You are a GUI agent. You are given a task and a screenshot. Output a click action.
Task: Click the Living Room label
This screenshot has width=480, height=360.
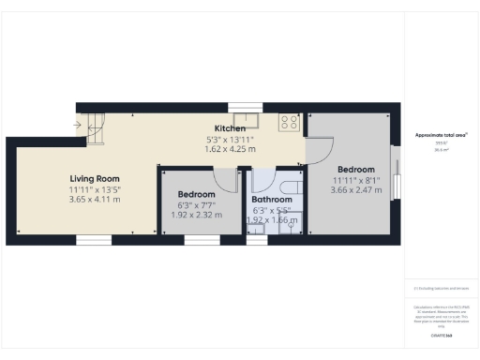[x=96, y=178]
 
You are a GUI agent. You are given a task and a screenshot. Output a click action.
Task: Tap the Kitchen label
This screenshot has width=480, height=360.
[x=230, y=128]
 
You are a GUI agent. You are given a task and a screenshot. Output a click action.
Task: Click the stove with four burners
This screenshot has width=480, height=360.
[x=289, y=121]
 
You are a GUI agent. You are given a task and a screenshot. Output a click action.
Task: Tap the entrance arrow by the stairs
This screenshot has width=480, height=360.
[x=77, y=123]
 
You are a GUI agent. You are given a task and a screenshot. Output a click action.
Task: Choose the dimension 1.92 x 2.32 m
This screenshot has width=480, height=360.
[x=197, y=215]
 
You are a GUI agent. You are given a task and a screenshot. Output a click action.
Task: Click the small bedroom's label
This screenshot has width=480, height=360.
[x=197, y=194]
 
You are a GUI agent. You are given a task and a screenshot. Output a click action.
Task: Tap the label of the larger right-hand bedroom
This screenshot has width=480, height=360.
[x=356, y=170]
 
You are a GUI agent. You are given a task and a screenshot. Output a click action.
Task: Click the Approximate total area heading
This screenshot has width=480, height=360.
[x=441, y=136]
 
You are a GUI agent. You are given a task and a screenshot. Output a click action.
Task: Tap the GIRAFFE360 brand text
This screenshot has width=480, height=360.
[x=441, y=335]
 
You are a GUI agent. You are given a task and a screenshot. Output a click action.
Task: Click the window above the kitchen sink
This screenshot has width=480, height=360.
[x=247, y=105]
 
